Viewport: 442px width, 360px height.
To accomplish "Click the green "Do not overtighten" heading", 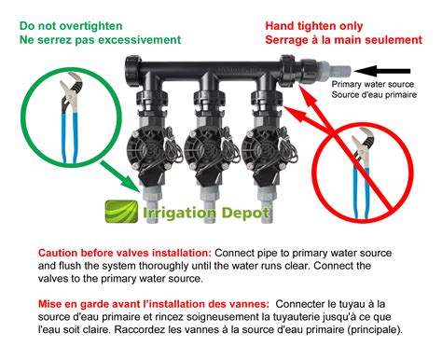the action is [71, 26].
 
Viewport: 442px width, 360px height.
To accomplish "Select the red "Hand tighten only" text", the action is [314, 26].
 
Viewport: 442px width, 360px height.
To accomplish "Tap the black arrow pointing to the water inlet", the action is [382, 71].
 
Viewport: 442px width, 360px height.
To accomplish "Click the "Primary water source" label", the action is [372, 84].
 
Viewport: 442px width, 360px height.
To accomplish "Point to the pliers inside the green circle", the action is [70, 118].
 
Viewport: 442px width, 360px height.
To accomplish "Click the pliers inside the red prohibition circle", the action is [363, 173].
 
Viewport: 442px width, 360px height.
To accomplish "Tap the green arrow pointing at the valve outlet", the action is [120, 176].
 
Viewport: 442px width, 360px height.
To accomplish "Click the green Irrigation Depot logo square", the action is [121, 212].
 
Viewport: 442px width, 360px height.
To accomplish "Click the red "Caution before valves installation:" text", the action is [125, 253].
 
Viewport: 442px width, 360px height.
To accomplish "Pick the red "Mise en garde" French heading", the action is [154, 304].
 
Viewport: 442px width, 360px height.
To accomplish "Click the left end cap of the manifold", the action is [133, 71].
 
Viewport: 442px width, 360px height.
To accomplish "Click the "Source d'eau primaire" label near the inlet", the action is [374, 94].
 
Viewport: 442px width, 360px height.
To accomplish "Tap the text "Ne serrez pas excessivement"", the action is [100, 40].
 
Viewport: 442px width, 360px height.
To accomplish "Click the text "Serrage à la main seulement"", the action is [344, 40].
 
